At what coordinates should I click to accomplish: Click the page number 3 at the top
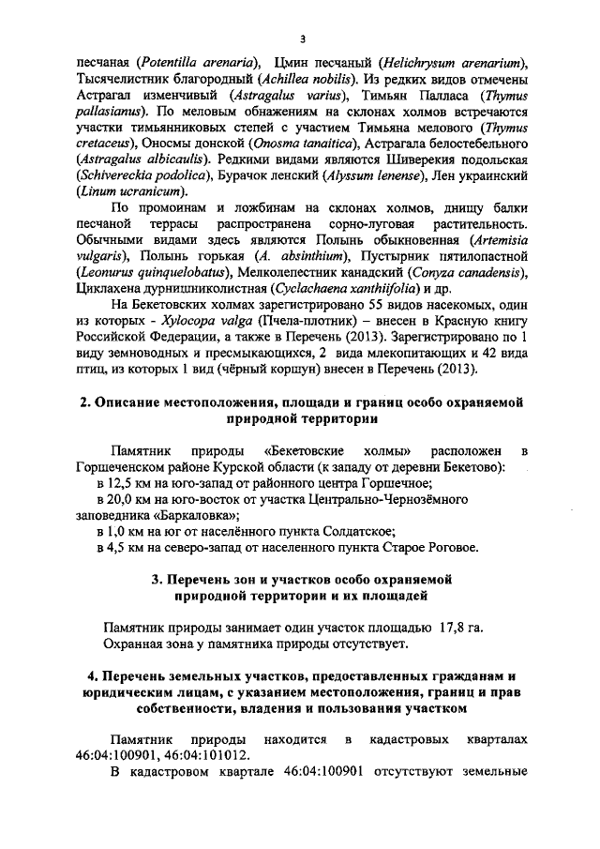301,38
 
